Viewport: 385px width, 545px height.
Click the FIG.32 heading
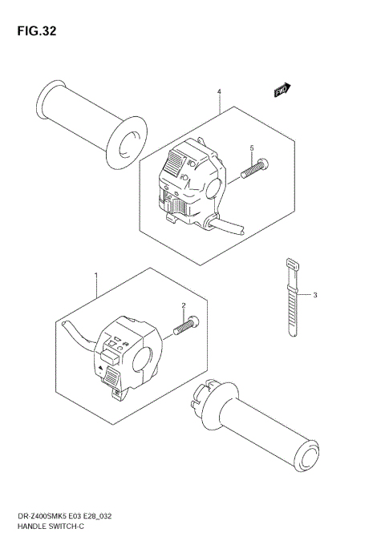34,31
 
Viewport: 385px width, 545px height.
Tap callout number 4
219,93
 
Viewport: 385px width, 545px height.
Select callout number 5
251,149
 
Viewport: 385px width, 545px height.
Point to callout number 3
315,296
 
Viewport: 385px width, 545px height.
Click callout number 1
96,277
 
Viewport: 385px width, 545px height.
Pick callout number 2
183,306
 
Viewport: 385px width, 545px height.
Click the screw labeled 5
254,168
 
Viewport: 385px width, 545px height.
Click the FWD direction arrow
282,91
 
